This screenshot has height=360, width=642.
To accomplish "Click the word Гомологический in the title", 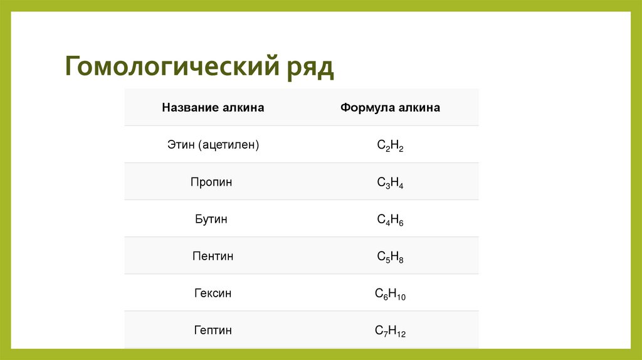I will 169,66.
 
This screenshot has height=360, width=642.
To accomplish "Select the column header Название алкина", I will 213,108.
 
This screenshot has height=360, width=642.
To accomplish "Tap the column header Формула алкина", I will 390,108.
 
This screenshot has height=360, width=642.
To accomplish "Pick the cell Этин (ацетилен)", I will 213,145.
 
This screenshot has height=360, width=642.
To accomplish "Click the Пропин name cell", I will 212,182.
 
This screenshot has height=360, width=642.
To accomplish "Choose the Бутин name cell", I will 211,219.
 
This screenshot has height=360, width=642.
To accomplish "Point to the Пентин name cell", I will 213,256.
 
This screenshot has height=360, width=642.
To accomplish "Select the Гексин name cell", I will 213,293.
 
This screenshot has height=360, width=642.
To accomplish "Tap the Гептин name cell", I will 213,330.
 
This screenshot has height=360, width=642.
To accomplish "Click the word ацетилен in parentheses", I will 229,145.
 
